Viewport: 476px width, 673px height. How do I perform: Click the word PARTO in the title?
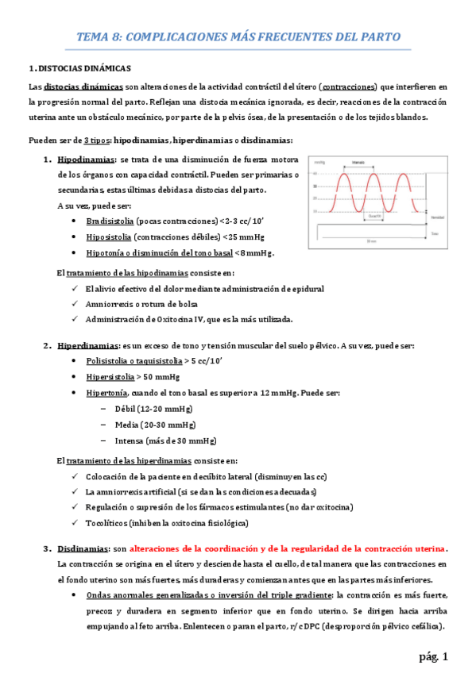(x=379, y=37)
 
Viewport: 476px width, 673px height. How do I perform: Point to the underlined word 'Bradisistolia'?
(x=110, y=221)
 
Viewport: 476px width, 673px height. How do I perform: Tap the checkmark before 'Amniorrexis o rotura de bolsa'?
(x=73, y=305)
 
